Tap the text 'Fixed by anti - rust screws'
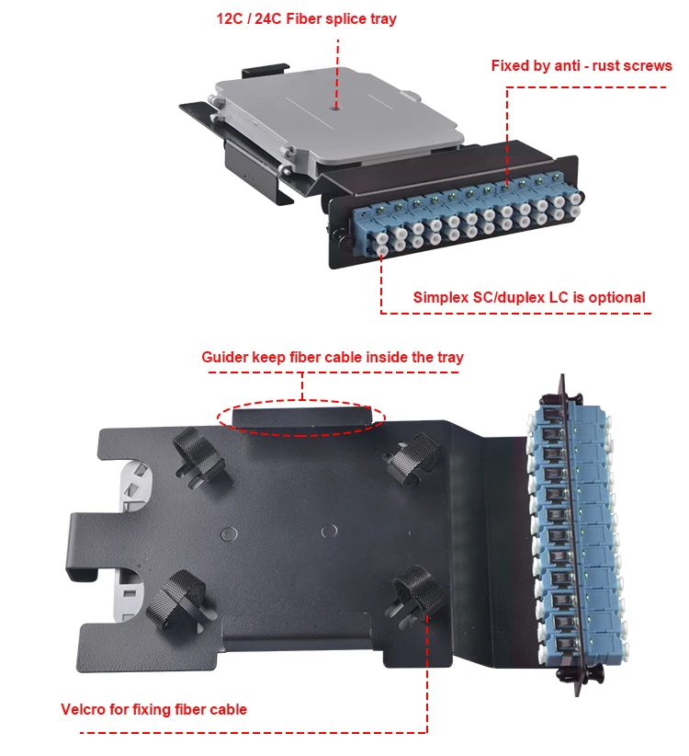click(582, 66)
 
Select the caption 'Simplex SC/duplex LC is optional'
click(528, 297)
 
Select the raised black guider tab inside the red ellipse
click(302, 418)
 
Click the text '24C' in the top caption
click(279, 18)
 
